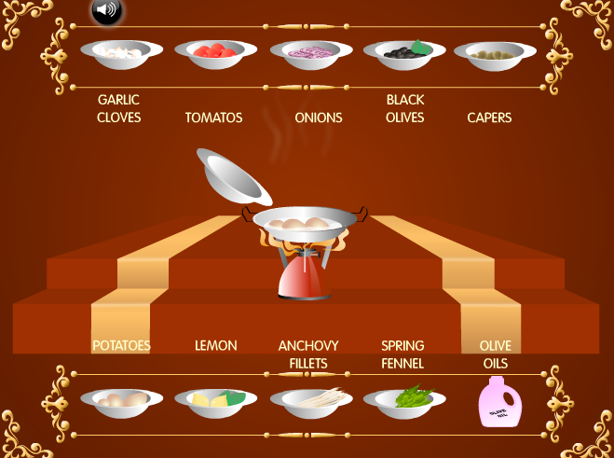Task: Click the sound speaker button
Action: [x=107, y=10]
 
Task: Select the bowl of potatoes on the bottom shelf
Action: [x=121, y=402]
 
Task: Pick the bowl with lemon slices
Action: [x=215, y=402]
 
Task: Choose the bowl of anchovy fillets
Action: [x=311, y=402]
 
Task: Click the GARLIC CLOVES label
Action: [x=119, y=108]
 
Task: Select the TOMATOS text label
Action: [x=213, y=118]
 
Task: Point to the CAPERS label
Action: [x=489, y=118]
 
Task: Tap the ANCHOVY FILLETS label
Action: [x=308, y=354]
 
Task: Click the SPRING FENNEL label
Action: [x=403, y=354]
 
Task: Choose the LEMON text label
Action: [x=215, y=345]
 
